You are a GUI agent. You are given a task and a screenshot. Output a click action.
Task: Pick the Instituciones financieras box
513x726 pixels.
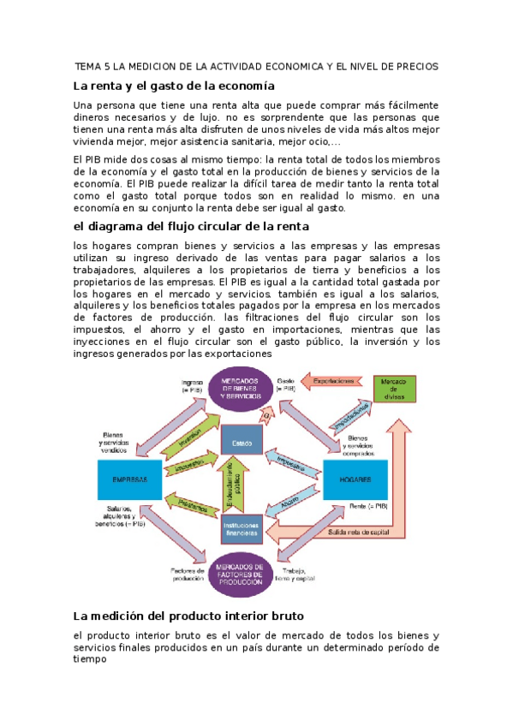coord(241,531)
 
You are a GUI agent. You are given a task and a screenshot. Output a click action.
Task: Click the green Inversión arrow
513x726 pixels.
coord(191,438)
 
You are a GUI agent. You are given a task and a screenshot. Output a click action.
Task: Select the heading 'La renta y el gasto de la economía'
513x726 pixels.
coord(174,86)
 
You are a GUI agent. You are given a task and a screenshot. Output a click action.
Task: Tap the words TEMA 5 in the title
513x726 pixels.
coord(92,66)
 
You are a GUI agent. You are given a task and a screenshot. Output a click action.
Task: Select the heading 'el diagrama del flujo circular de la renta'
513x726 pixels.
coord(192,226)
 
